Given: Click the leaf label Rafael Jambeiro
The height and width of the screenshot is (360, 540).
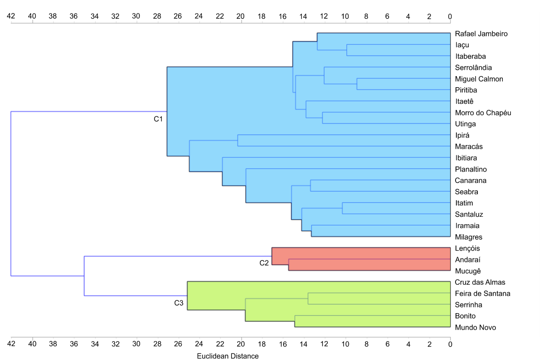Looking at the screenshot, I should [481, 34].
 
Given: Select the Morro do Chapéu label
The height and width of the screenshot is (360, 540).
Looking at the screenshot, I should [483, 113].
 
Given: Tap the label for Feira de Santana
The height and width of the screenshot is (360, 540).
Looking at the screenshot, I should [482, 293].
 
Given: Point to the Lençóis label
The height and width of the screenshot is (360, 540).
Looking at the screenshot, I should [467, 249].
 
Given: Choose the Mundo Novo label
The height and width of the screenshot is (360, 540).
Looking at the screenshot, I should [475, 328].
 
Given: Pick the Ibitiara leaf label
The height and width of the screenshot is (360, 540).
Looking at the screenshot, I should [466, 158].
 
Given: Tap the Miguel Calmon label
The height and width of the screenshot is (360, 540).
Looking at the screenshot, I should [479, 79].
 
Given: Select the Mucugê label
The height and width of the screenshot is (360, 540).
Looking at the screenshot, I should [467, 271].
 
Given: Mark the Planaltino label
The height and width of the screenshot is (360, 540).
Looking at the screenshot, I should [470, 169].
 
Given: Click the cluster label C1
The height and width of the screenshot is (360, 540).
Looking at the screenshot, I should [158, 119].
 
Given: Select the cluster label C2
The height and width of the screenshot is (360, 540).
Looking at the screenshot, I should [264, 263].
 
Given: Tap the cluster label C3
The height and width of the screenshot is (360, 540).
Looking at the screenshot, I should [179, 303].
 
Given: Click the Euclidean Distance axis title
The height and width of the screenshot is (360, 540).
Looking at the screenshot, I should [228, 356].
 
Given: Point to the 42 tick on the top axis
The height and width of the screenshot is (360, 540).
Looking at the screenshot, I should [11, 16].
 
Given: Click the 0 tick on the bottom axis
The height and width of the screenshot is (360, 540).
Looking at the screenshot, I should [450, 345].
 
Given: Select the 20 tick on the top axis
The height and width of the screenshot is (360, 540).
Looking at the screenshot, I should [241, 16].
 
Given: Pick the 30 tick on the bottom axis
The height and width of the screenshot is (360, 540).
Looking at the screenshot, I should [136, 345].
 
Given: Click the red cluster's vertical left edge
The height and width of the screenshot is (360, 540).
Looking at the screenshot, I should [272, 256].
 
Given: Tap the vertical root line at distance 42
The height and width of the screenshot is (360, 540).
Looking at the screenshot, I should [11, 194].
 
